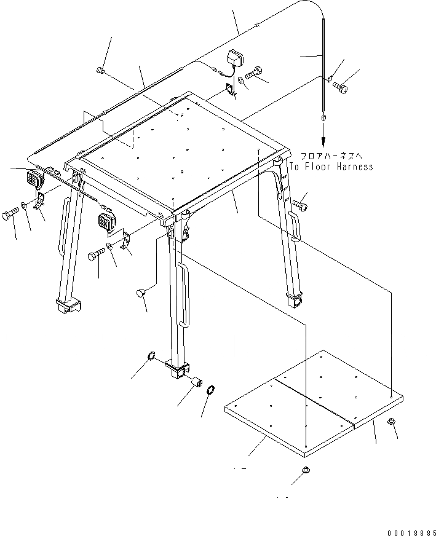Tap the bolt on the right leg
point(300,203)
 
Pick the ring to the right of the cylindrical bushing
point(211,390)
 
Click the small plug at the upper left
point(101,73)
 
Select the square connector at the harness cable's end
point(322,116)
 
